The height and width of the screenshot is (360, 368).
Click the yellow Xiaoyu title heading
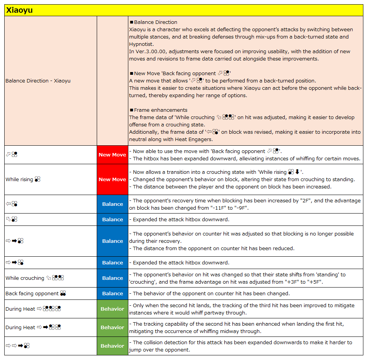pos(19,10)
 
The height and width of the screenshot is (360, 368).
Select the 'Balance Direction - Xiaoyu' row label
pos(38,81)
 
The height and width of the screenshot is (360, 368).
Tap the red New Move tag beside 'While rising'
pos(112,180)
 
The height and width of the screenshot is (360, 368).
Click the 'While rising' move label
pos(19,180)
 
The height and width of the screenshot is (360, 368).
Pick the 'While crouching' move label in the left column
pos(25,278)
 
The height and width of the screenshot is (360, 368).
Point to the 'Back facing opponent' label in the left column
pos(32,294)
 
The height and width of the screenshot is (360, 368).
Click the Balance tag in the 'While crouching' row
pos(112,278)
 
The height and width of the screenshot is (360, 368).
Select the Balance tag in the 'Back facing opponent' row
pos(112,294)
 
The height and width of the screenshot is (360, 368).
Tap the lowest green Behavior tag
pos(112,346)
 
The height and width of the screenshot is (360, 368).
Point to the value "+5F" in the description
pos(315,282)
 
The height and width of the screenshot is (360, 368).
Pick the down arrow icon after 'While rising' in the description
pos(297,172)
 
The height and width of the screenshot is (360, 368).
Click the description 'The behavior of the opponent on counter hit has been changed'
pos(211,294)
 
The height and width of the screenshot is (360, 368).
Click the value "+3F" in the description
pos(283,282)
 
